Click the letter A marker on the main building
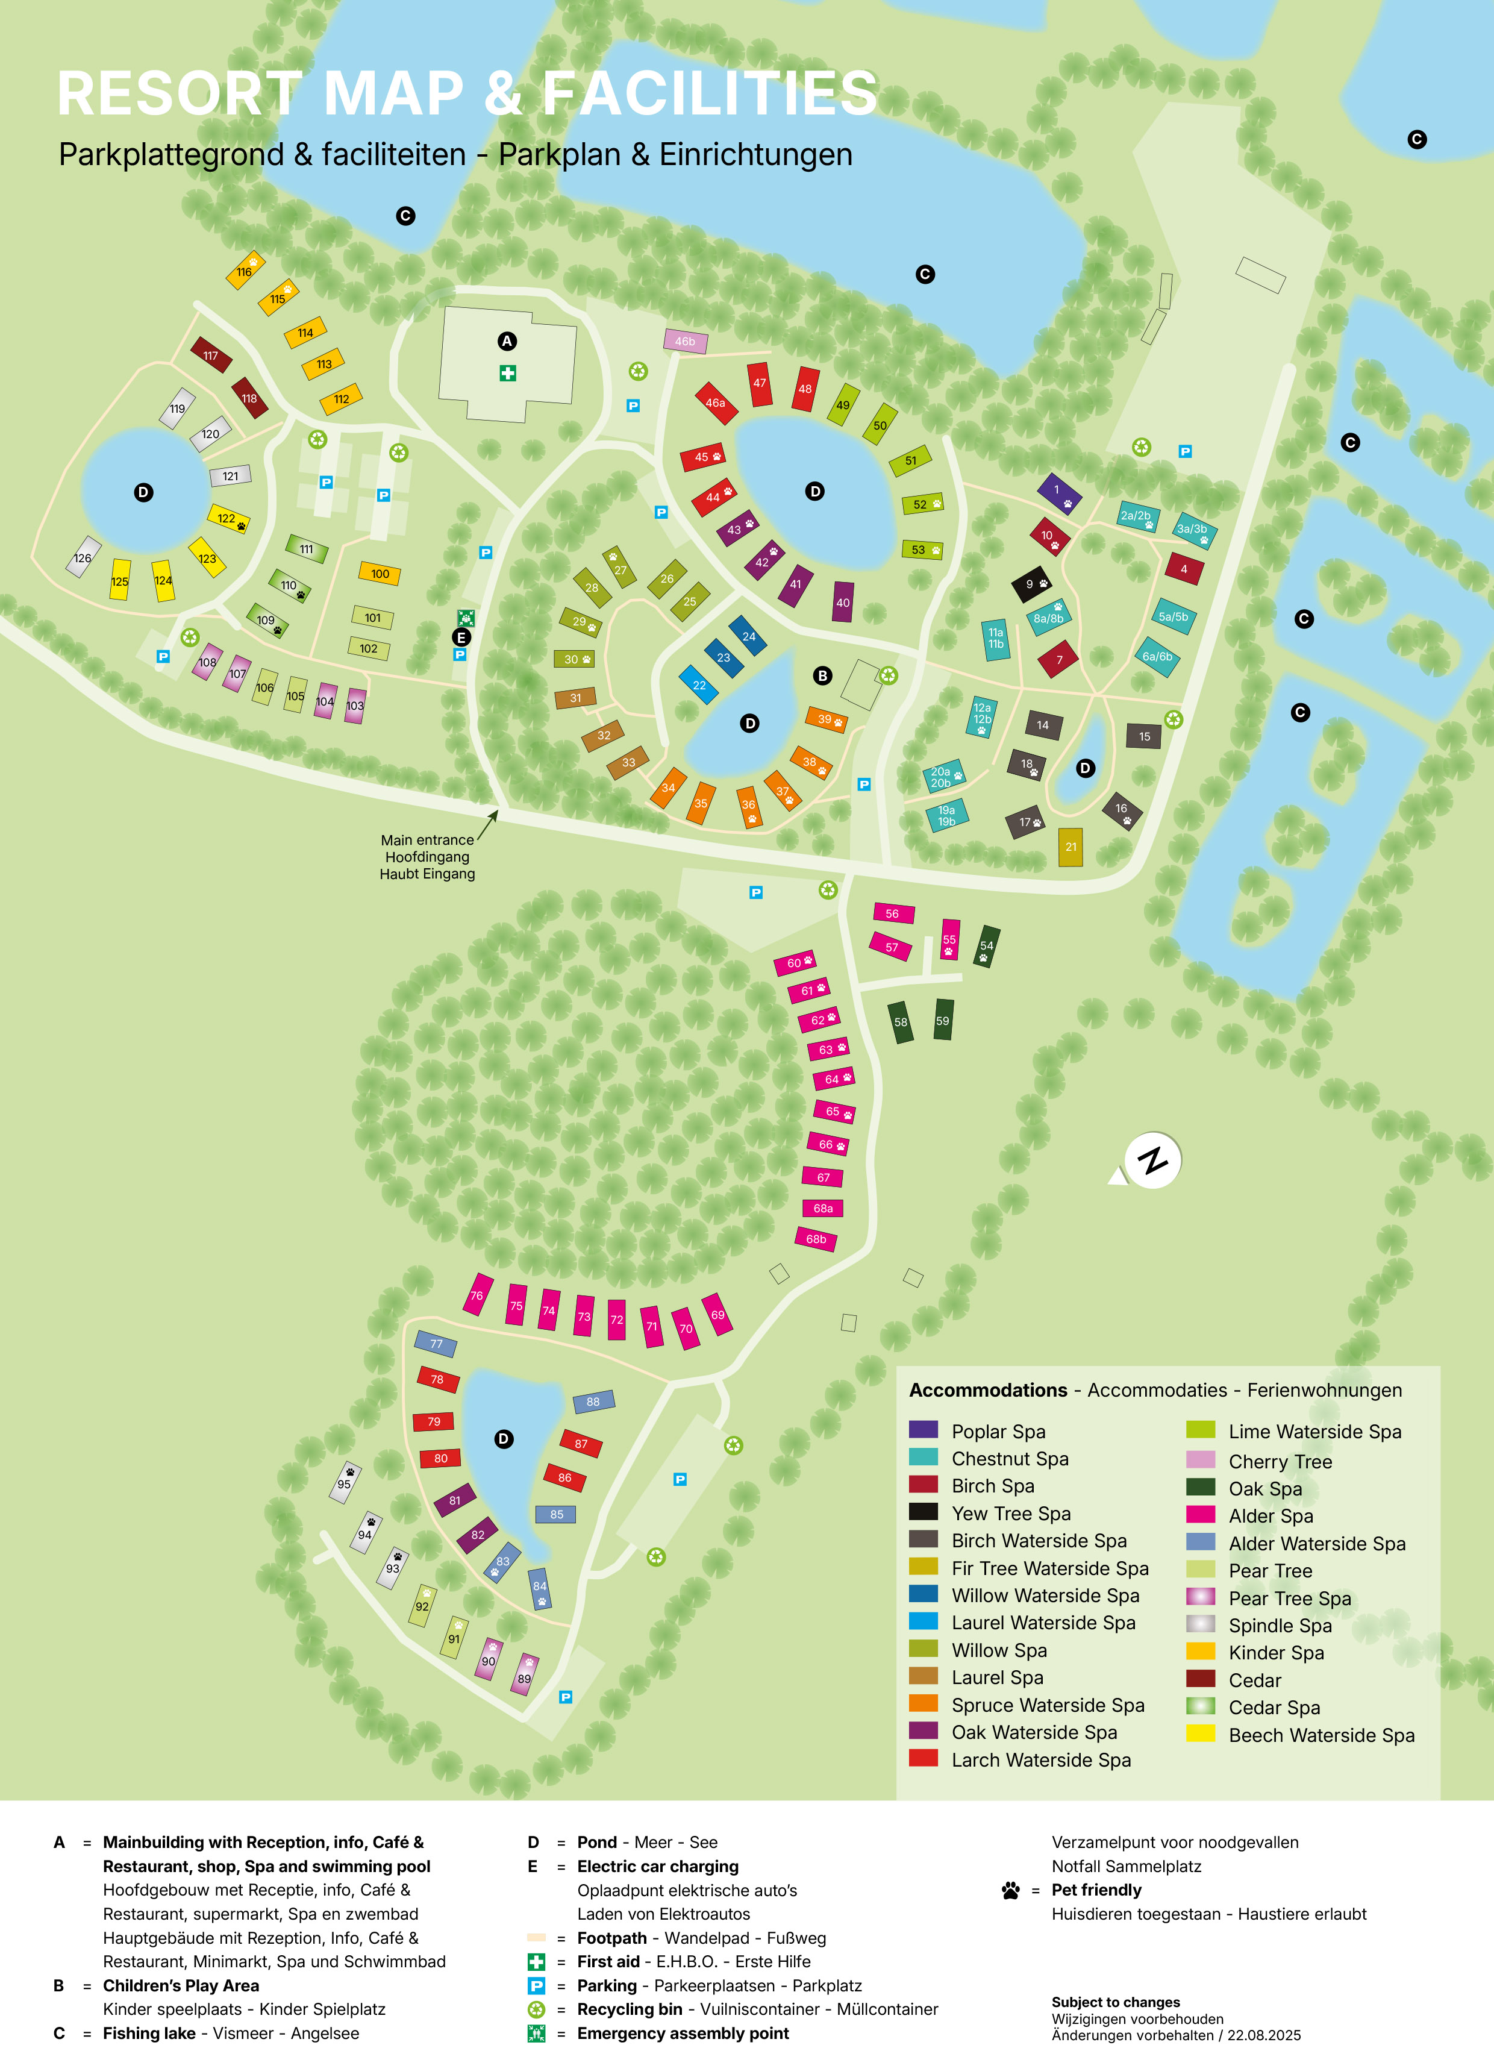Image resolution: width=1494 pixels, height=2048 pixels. click(507, 341)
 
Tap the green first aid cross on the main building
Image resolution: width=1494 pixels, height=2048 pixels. click(508, 373)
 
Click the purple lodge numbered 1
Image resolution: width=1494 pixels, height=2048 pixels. click(1058, 493)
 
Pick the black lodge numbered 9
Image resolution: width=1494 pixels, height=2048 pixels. click(1030, 584)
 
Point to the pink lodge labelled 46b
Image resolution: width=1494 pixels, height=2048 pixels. click(686, 341)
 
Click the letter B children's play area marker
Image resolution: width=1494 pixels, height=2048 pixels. click(822, 675)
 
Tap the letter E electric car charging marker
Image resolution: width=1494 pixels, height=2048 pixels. click(461, 637)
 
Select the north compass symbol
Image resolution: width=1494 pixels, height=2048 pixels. click(1152, 1160)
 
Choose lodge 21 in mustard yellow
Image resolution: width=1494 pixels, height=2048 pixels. click(1070, 847)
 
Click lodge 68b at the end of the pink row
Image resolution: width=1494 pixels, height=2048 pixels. click(816, 1238)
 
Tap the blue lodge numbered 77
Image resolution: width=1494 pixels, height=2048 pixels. click(436, 1343)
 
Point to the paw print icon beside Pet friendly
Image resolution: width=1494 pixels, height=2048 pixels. click(1010, 1890)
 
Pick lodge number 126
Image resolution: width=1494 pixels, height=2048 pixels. click(83, 557)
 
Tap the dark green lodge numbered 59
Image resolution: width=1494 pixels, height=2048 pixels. click(943, 1019)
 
